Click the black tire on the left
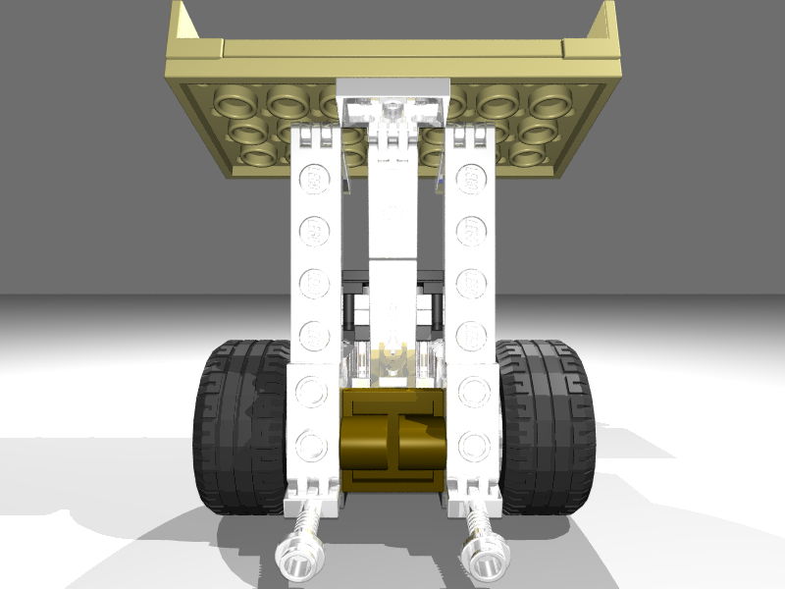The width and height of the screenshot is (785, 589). (x=235, y=427)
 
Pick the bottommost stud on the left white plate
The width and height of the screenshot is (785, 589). (x=312, y=444)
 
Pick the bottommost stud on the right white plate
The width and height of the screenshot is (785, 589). (x=474, y=444)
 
